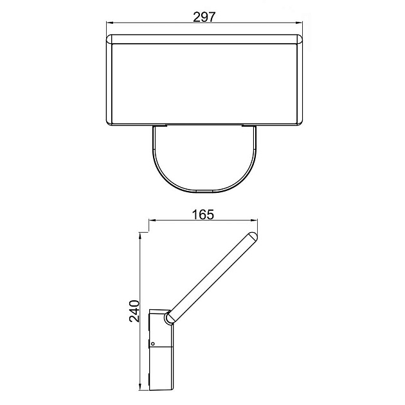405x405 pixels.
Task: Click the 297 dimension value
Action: point(204,17)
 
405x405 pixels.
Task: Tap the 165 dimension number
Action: point(203,214)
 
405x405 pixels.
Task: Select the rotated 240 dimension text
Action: point(134,311)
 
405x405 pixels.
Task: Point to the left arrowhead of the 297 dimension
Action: point(110,22)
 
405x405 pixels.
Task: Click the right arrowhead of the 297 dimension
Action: point(299,22)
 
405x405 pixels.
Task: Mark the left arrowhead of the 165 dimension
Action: point(152,220)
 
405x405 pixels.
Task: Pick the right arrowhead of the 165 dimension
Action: point(254,220)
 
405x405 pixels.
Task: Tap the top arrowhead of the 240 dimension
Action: point(140,236)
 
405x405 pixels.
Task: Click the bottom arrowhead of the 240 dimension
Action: point(140,386)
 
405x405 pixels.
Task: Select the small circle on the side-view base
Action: point(153,344)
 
